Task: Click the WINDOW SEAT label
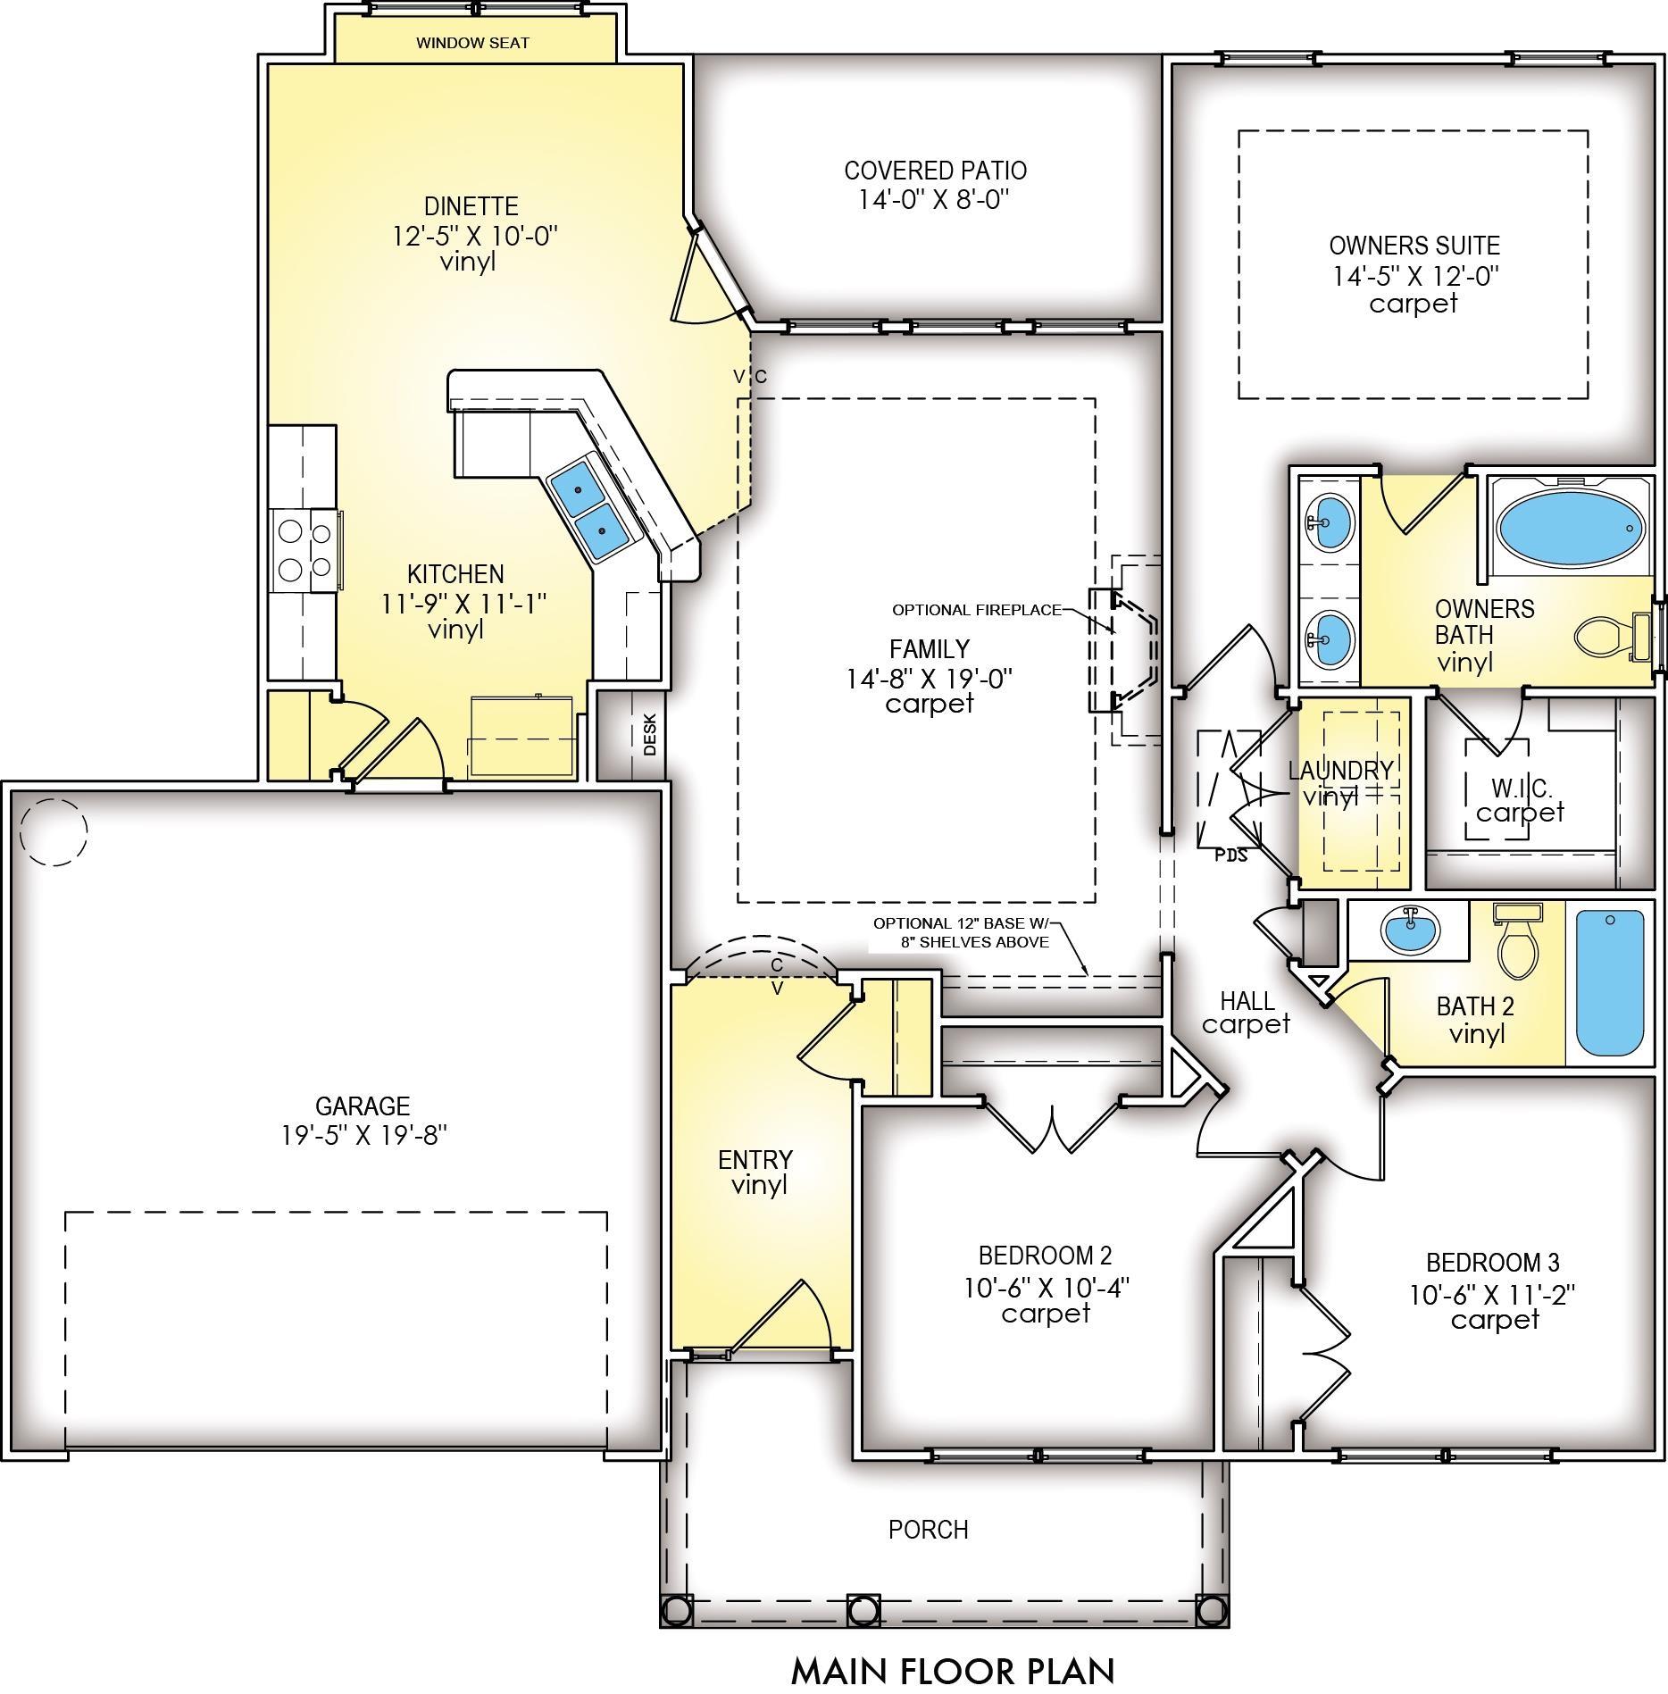tap(472, 43)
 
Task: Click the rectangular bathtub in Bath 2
tap(1609, 982)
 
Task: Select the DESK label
tap(650, 734)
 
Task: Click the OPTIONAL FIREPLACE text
tap(977, 610)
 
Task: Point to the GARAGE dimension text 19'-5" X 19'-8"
tap(363, 1135)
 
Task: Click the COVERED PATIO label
tap(935, 171)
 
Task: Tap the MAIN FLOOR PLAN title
tap(953, 1670)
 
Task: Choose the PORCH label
tap(929, 1530)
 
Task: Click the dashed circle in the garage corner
tap(54, 831)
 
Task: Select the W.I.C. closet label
tap(1522, 789)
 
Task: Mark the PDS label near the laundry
tap(1231, 855)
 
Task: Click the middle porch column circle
tap(862, 1610)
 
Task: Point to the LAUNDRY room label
tap(1340, 770)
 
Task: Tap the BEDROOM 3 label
tap(1493, 1263)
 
